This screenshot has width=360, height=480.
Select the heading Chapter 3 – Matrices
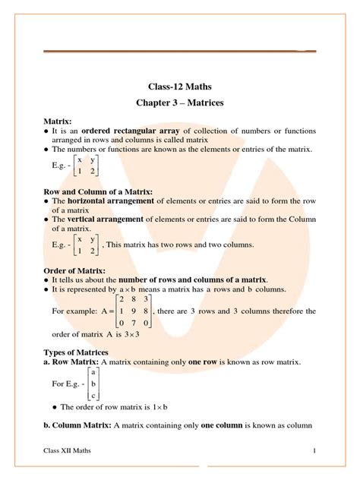click(180, 103)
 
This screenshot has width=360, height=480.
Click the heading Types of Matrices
click(76, 352)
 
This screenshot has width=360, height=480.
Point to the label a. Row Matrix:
click(72, 362)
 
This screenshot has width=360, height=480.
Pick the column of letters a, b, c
click(93, 384)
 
